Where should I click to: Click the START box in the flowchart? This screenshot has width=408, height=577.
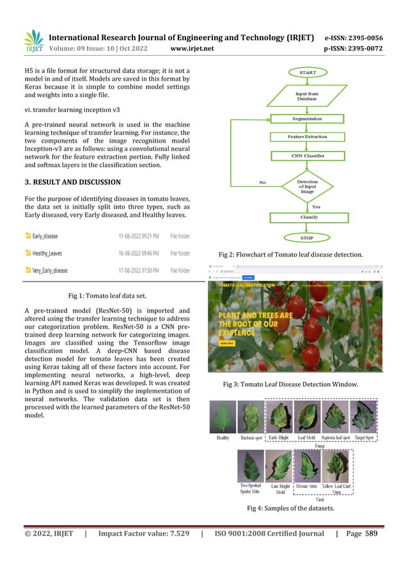(307, 73)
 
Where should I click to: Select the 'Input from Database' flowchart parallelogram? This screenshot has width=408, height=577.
(307, 97)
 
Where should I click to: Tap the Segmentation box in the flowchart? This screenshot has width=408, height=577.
(307, 119)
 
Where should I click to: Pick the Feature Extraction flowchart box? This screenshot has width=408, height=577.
(307, 137)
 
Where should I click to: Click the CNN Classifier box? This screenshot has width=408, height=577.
(307, 155)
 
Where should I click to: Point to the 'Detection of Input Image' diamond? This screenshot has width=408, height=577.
(307, 186)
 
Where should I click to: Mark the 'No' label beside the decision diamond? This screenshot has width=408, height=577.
(262, 182)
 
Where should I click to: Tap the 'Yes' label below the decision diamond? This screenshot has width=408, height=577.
(316, 207)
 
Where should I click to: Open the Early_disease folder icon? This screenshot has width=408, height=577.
(27, 236)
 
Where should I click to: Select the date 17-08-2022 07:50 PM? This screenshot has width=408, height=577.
(139, 271)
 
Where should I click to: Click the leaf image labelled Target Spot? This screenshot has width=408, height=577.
(364, 416)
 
